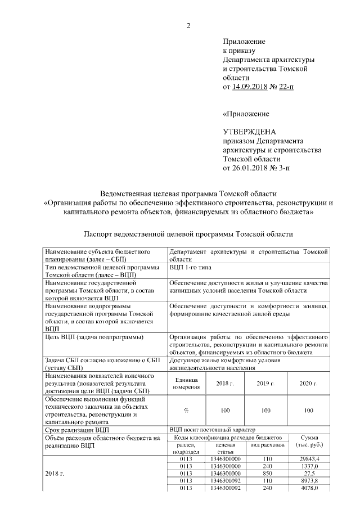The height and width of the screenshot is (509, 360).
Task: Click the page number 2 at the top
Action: pos(189,25)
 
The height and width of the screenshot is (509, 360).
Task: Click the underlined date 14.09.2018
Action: pos(250,87)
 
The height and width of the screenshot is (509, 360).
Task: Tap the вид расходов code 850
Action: pos(267,474)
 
